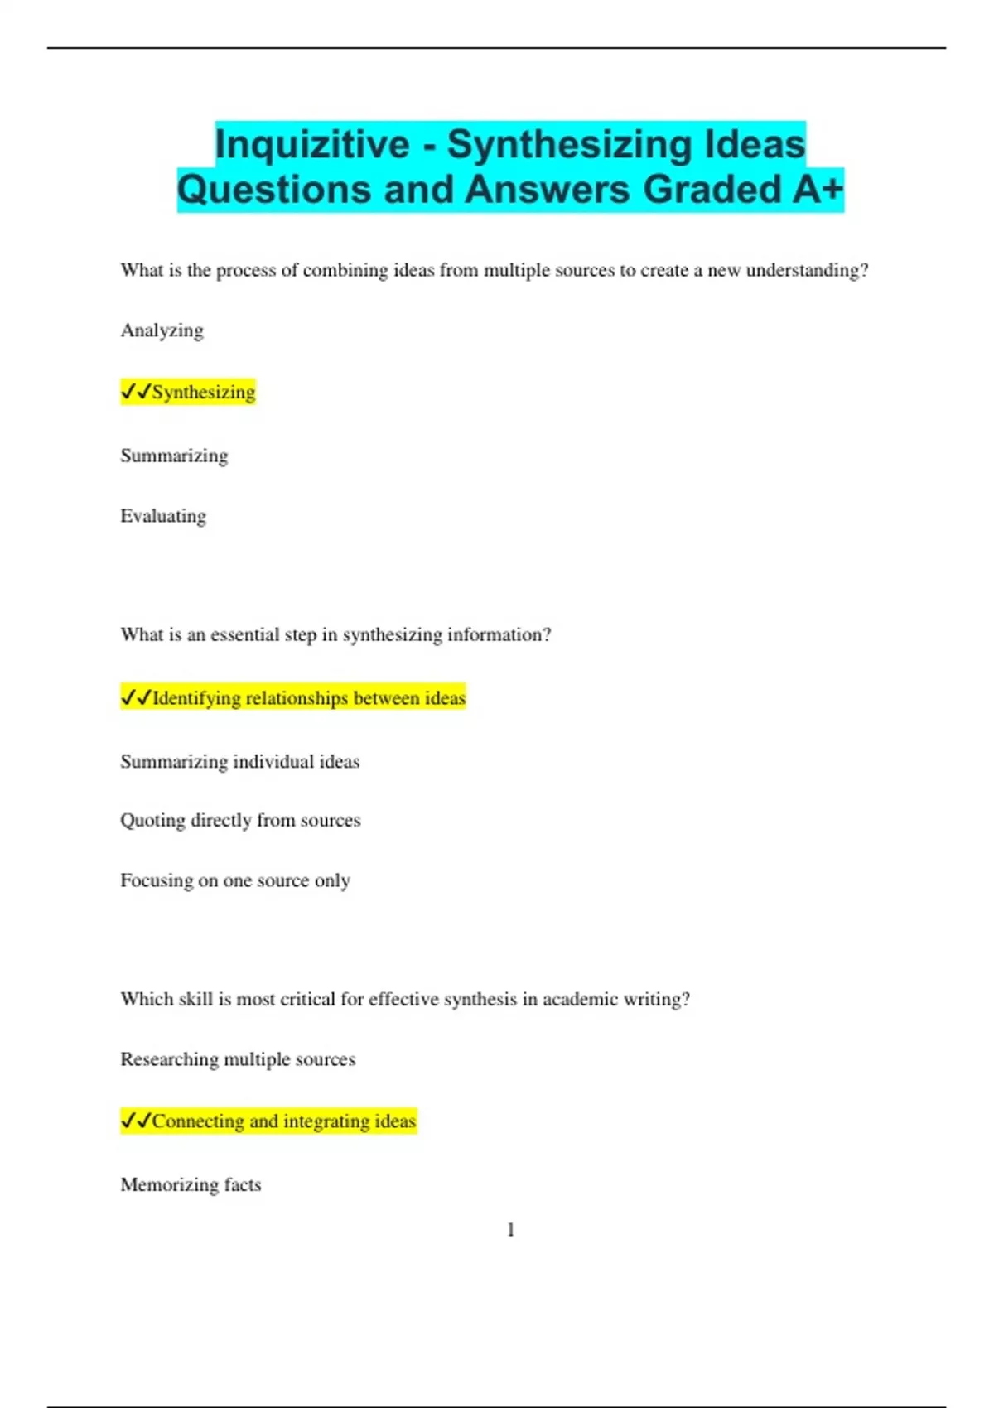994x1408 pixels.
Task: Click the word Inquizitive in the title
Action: coord(312,144)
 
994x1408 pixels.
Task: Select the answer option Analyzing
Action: coord(162,330)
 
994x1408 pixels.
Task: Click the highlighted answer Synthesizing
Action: coord(203,392)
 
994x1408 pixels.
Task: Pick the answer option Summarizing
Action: coord(174,456)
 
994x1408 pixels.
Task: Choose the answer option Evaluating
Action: coord(163,516)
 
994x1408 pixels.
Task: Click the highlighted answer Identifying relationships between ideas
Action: coord(308,698)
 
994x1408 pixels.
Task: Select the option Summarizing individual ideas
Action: coord(239,761)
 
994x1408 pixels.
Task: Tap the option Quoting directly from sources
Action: coord(240,820)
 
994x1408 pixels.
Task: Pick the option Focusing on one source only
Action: coord(235,880)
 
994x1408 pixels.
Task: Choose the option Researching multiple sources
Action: coord(238,1059)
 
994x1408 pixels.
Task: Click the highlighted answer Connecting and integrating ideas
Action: coord(283,1121)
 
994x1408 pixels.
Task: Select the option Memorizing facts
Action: coord(191,1184)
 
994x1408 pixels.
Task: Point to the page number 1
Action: coord(510,1230)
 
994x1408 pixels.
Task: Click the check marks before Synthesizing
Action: coord(136,392)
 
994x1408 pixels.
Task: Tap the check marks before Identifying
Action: coord(136,698)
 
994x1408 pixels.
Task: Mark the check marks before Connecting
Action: coord(136,1121)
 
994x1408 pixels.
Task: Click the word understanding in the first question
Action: coord(807,271)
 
